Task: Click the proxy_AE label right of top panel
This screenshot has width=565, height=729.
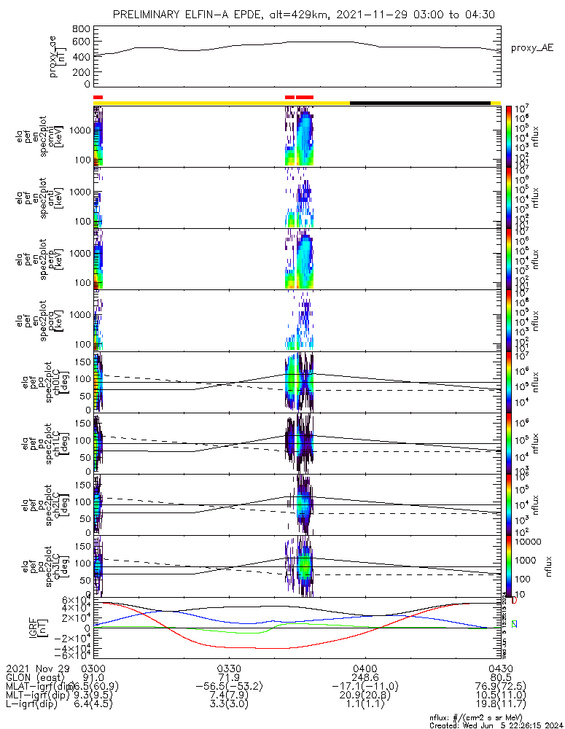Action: tap(533, 48)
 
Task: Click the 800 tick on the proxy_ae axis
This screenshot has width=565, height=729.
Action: tap(82, 28)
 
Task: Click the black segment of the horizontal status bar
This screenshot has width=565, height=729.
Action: tap(420, 103)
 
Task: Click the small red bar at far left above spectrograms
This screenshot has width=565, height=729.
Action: tap(98, 97)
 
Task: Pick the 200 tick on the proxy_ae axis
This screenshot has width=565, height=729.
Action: tap(82, 72)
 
